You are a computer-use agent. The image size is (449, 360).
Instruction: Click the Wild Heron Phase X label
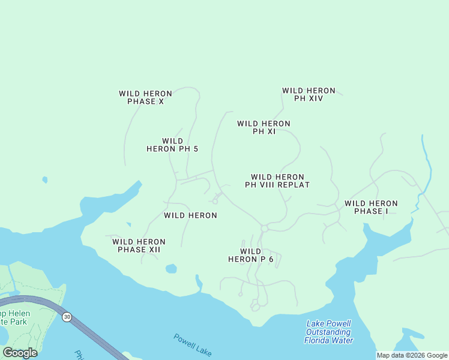click(145, 97)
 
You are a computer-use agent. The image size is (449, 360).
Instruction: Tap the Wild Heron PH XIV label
click(309, 94)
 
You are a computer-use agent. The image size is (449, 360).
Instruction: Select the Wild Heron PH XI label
click(264, 127)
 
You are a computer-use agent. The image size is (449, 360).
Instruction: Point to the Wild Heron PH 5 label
click(172, 145)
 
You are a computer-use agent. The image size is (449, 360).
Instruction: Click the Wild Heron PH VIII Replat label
click(277, 181)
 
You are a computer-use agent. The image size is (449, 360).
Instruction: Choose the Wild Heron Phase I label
click(371, 207)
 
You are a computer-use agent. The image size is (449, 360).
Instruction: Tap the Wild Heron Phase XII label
click(139, 245)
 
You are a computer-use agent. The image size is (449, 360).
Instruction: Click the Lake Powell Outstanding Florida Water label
click(328, 332)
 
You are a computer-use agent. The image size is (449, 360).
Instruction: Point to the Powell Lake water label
click(193, 344)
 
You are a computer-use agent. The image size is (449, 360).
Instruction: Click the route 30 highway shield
click(67, 316)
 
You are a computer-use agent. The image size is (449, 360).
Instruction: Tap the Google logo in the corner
click(20, 352)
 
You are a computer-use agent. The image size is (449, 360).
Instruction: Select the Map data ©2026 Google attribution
click(412, 355)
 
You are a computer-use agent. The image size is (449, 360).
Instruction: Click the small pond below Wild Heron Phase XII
click(171, 268)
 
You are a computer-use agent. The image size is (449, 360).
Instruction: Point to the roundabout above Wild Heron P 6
click(264, 228)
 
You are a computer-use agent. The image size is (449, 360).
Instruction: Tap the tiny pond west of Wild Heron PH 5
click(44, 179)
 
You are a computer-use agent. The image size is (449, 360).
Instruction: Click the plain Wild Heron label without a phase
click(190, 215)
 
